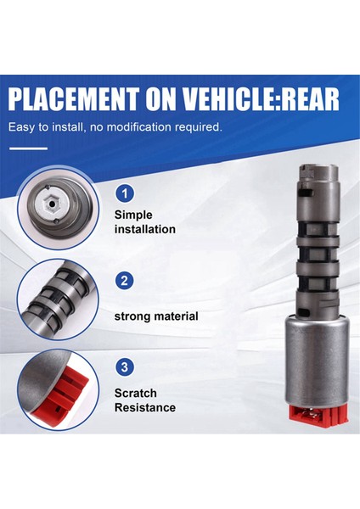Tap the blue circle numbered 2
(x=125, y=280)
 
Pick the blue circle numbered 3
(x=125, y=367)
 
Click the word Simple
(x=133, y=214)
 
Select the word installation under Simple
(x=144, y=229)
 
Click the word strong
(x=133, y=316)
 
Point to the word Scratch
(x=137, y=393)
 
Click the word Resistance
(x=145, y=408)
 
